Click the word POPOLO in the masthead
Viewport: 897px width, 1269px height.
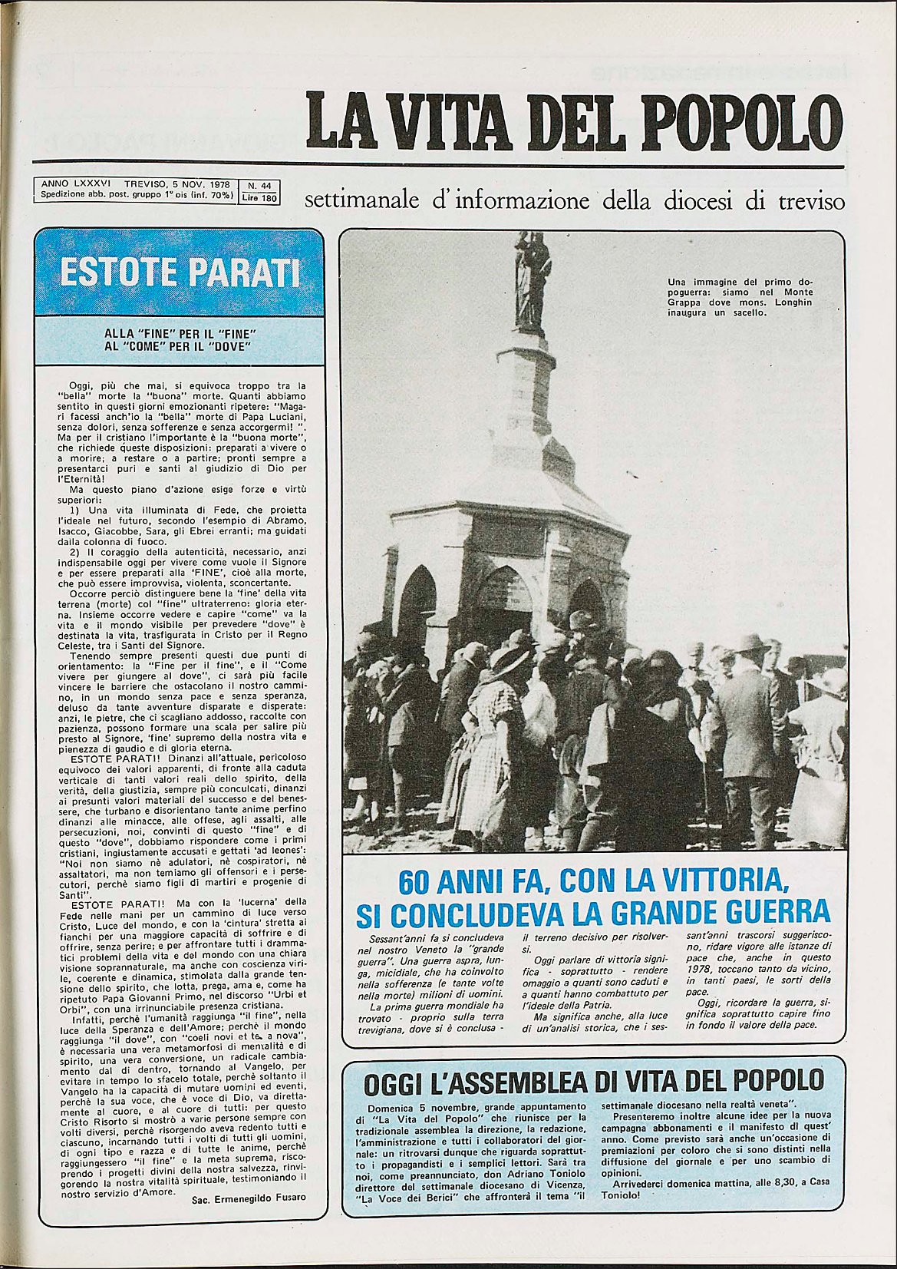pos(741,121)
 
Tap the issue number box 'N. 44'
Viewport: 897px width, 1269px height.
pos(259,185)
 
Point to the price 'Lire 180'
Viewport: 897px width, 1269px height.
pos(259,197)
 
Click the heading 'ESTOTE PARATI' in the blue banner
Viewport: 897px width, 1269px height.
pos(180,273)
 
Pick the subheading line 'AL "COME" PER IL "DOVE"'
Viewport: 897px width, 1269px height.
pos(180,346)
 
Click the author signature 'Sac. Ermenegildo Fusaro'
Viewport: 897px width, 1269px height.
pos(249,1198)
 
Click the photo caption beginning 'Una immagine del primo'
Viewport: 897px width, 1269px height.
pos(740,297)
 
